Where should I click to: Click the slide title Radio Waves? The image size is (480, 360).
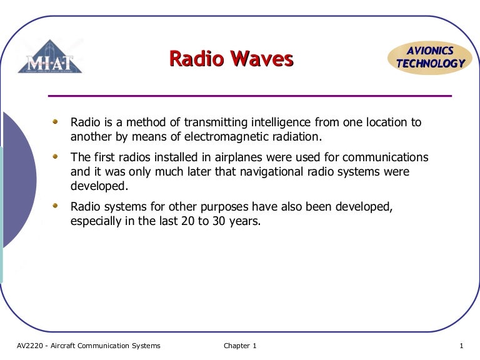(231, 59)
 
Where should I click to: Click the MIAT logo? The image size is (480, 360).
(49, 57)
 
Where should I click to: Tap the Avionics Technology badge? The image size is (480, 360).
(430, 57)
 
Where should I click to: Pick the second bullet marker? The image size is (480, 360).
(56, 155)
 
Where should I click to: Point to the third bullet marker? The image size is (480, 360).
(56, 204)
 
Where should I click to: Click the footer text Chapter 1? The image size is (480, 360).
(240, 346)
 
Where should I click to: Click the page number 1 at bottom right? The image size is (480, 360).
(461, 346)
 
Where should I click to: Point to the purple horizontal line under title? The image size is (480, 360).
(250, 96)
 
